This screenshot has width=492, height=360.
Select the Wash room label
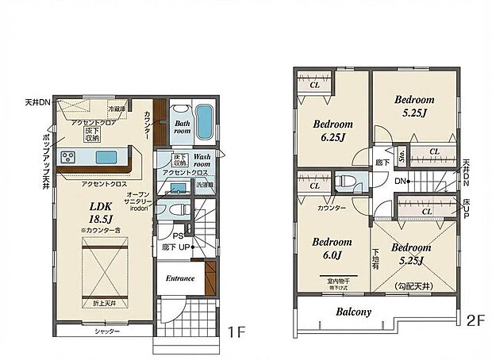202,160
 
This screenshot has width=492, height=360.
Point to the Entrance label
180,278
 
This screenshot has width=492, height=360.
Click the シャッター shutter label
106,331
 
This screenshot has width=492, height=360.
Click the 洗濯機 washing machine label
205,186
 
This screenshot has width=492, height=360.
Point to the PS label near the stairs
179,236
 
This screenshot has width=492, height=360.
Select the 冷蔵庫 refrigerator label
117,109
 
